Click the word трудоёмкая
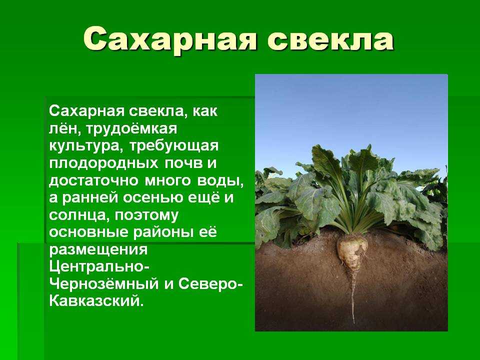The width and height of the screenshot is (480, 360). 131,129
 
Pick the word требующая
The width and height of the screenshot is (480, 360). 174,146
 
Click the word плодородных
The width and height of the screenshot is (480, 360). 104,163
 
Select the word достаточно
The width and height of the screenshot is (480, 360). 94,180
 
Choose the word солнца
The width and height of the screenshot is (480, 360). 78,215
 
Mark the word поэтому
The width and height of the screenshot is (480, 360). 146,215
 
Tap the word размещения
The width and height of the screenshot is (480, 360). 98,250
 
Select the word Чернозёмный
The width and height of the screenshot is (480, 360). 104,284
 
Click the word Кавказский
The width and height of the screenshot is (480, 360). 96,301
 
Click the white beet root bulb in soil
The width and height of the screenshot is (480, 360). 352,250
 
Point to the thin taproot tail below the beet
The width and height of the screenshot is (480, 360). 353,296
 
